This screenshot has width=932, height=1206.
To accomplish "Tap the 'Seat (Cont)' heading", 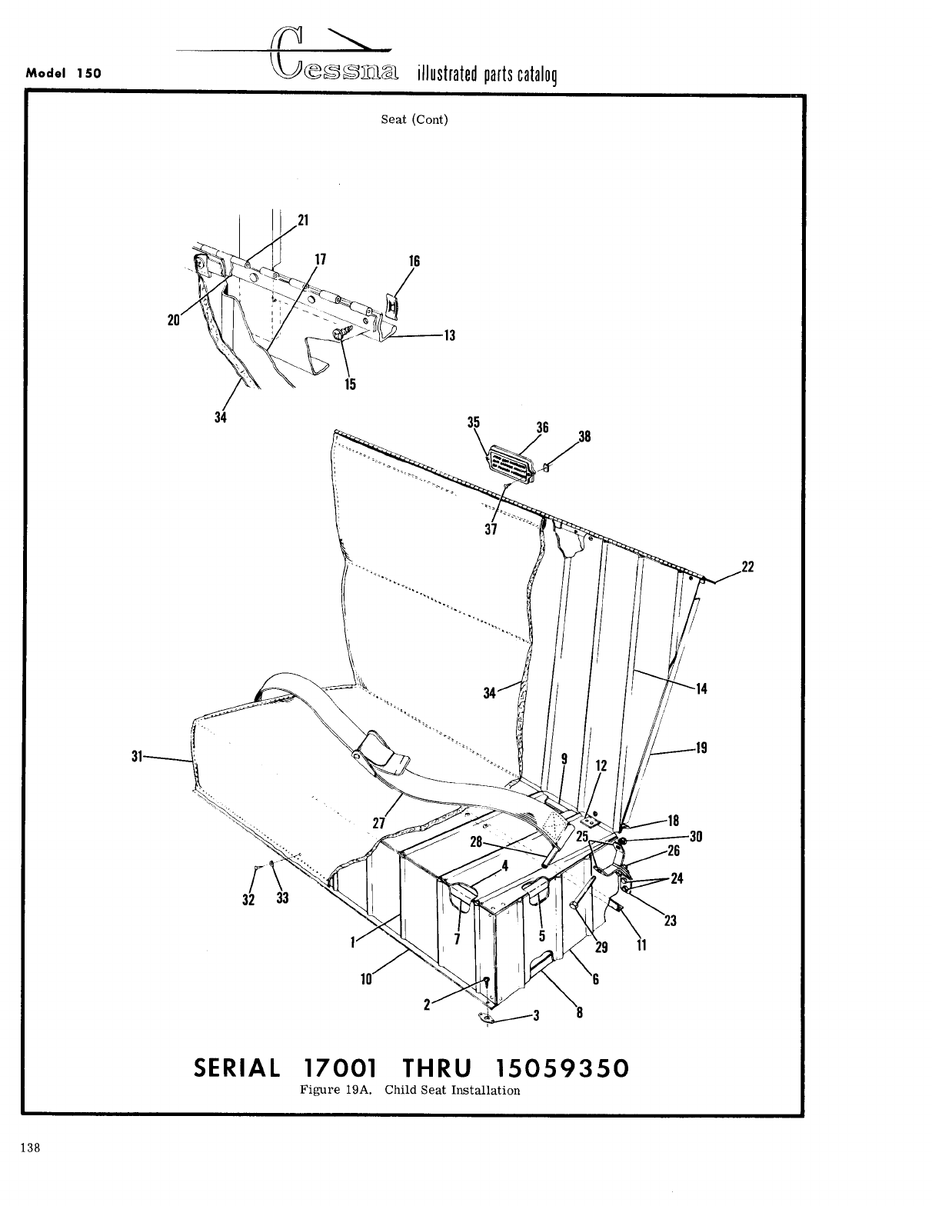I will (x=414, y=120).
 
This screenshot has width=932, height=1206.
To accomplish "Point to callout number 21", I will (x=303, y=220).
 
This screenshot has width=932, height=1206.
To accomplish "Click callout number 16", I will (x=414, y=262).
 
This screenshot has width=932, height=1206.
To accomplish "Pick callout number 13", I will (x=450, y=335).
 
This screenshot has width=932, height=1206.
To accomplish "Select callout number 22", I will (x=747, y=568).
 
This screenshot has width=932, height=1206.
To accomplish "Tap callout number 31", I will (x=137, y=757).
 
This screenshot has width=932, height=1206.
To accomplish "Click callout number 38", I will (x=584, y=437).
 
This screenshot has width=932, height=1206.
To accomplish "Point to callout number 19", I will (x=701, y=748).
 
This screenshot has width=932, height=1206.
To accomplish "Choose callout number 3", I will (x=538, y=1015).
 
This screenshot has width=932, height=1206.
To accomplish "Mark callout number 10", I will (x=366, y=979).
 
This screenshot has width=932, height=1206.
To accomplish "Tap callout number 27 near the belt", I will (x=378, y=822).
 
